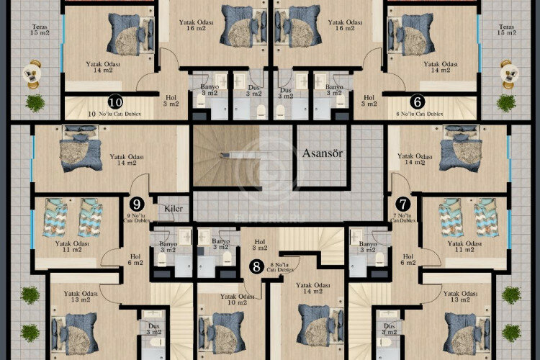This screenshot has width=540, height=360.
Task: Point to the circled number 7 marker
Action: [x=402, y=204]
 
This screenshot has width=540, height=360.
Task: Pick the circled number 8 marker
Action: [x=256, y=266]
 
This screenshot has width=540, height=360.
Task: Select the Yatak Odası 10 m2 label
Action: [x=234, y=299]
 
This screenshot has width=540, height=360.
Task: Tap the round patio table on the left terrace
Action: [x=32, y=72]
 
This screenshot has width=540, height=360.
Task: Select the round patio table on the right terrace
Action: [x=508, y=72]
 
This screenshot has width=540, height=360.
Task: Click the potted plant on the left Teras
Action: [x=35, y=103]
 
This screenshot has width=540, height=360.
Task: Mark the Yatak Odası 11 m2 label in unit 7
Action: [x=465, y=248]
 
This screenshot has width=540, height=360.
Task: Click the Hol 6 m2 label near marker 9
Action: [x=135, y=259]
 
